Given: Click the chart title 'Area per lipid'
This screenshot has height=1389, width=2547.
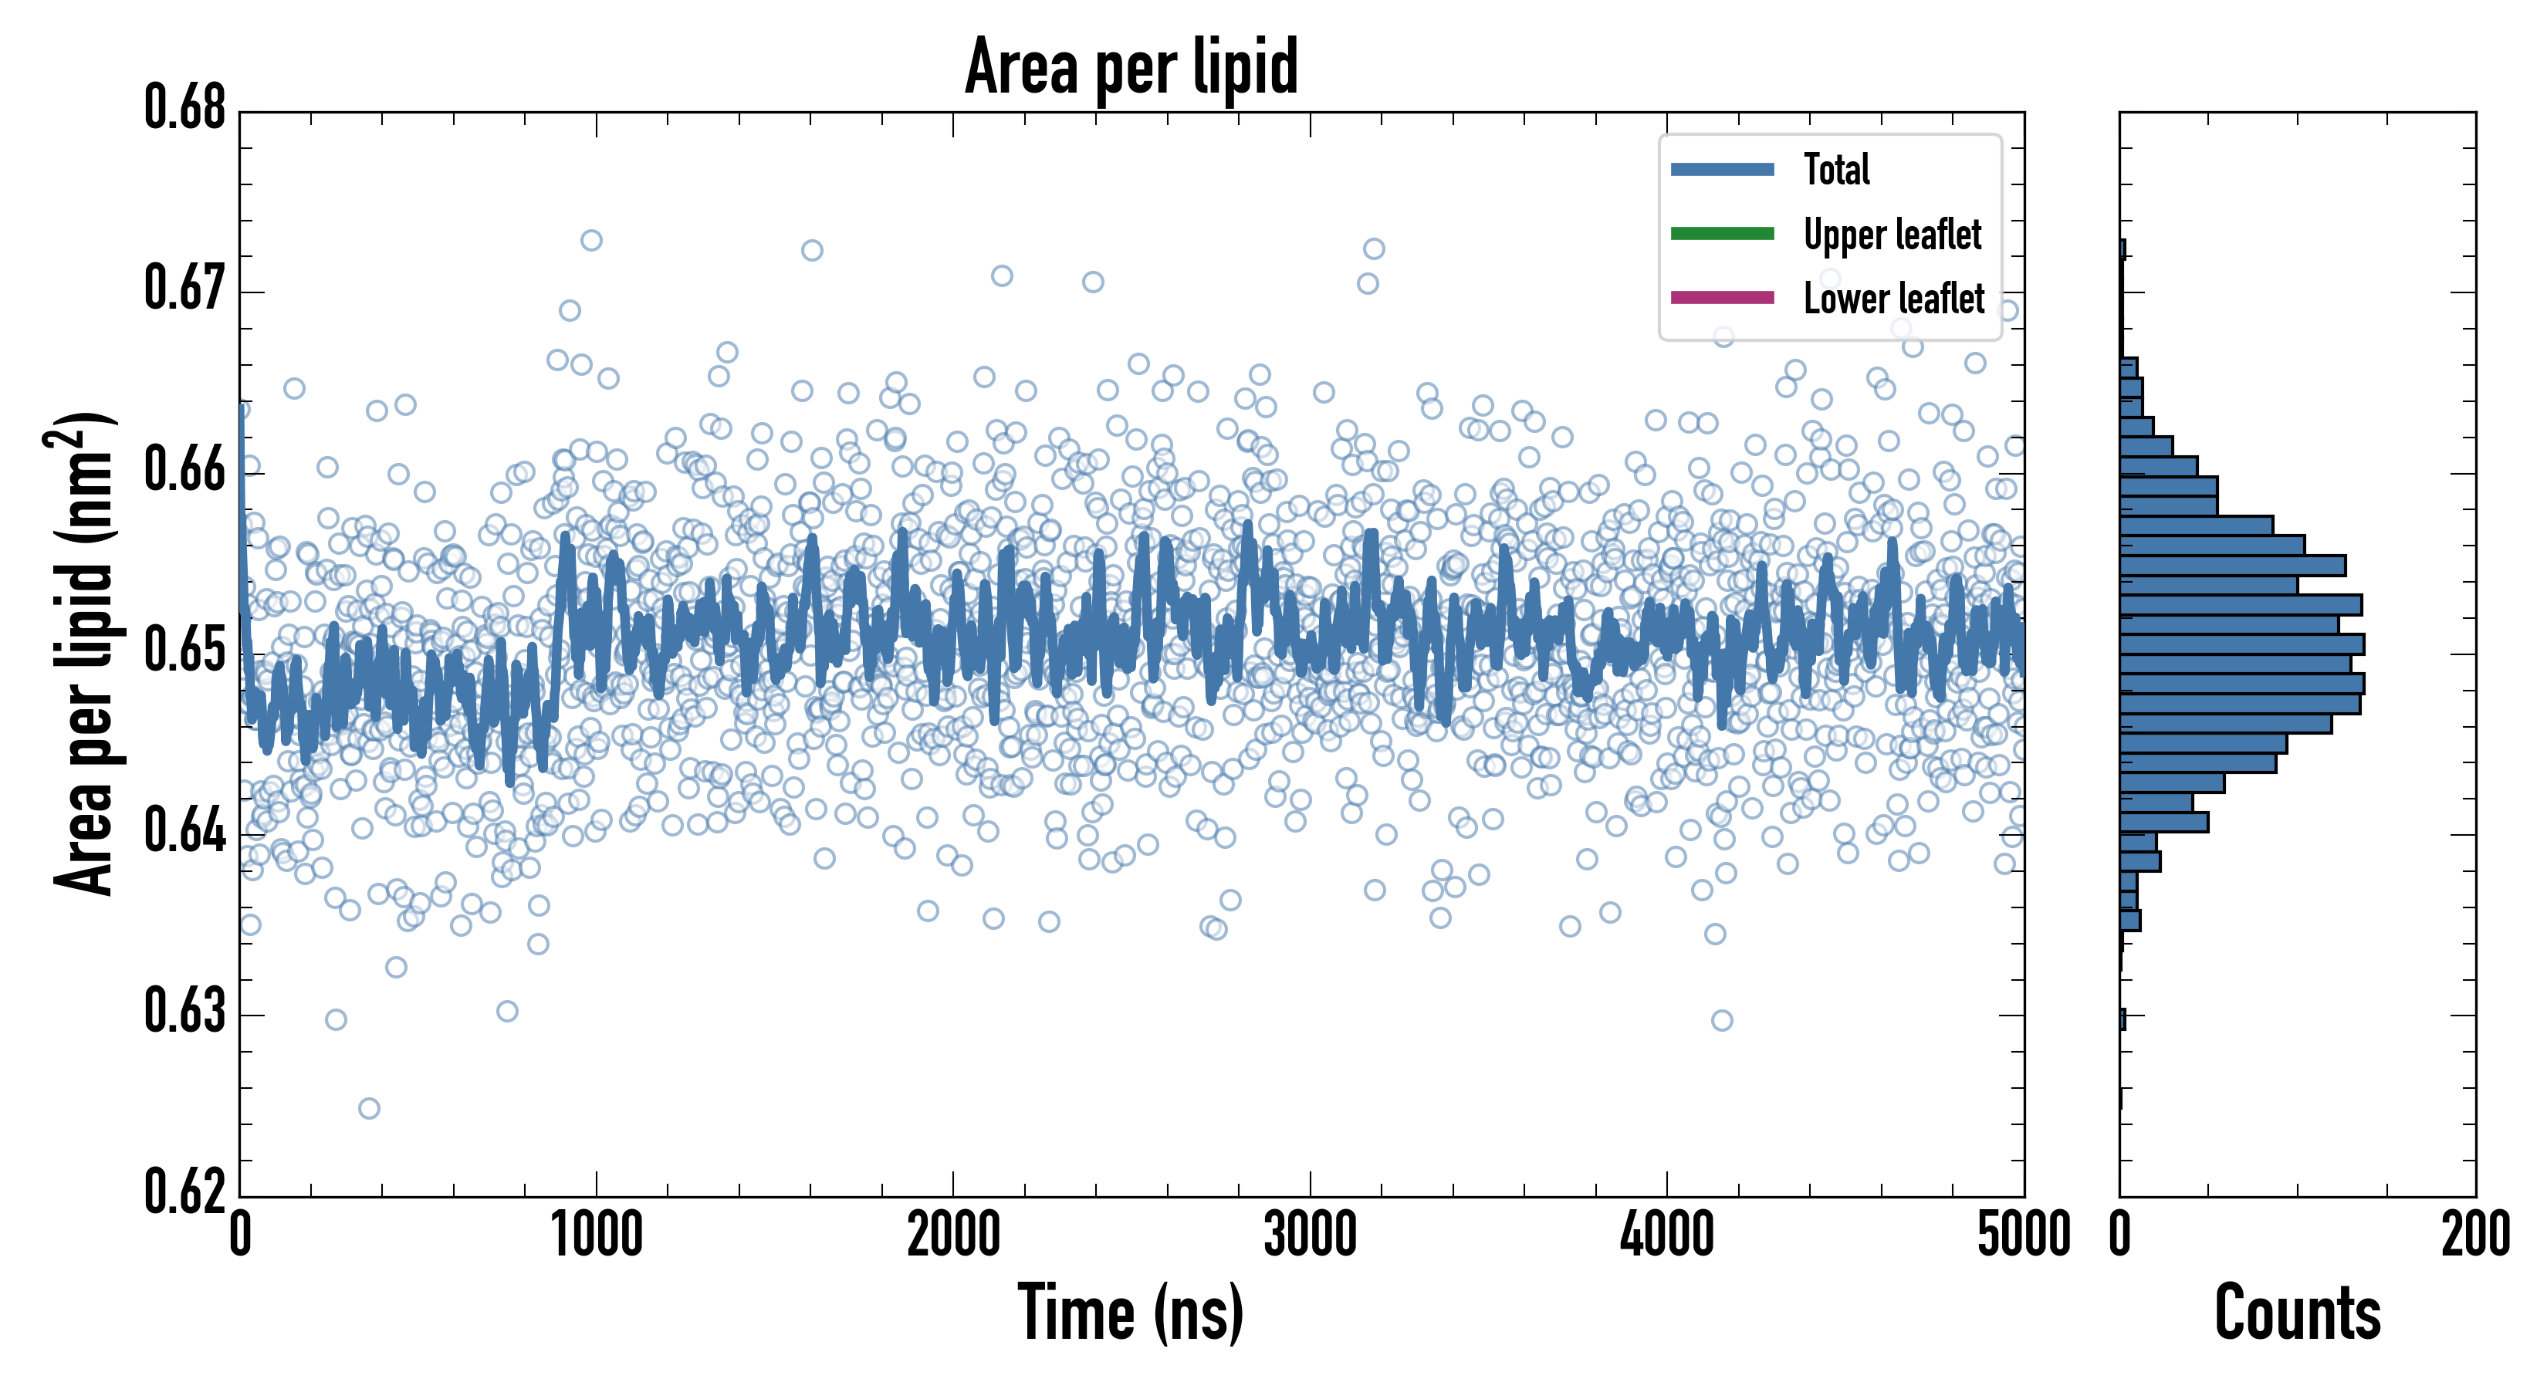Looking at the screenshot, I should click(1131, 66).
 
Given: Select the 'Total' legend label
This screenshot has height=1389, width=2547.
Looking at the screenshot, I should click(1836, 169).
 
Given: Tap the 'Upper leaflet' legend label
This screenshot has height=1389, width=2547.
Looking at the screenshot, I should click(1892, 235).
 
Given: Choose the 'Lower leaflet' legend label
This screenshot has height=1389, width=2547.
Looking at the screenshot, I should click(1893, 298).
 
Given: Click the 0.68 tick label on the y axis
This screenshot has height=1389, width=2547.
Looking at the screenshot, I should click(185, 109).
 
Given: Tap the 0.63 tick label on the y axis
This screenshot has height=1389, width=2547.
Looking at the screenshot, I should click(185, 1012).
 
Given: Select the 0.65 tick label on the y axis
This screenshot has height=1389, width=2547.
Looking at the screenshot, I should click(185, 651).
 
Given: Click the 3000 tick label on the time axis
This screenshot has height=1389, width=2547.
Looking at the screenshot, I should click(1310, 1235).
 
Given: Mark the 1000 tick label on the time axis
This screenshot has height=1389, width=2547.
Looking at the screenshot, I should click(596, 1235).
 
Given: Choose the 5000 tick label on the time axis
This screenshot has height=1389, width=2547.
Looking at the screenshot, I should click(2023, 1235).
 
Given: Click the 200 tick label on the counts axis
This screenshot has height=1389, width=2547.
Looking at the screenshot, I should click(2474, 1235).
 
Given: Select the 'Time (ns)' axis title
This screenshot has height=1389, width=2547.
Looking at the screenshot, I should click(1131, 1313).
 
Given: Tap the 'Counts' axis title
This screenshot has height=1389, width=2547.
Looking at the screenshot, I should click(2297, 1313).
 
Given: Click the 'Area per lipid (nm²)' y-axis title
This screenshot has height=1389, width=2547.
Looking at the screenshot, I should click(84, 653).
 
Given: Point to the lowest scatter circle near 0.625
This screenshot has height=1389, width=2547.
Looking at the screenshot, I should click(369, 1108).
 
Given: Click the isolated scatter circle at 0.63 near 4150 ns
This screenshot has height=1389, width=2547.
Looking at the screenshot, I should click(1721, 1020).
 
